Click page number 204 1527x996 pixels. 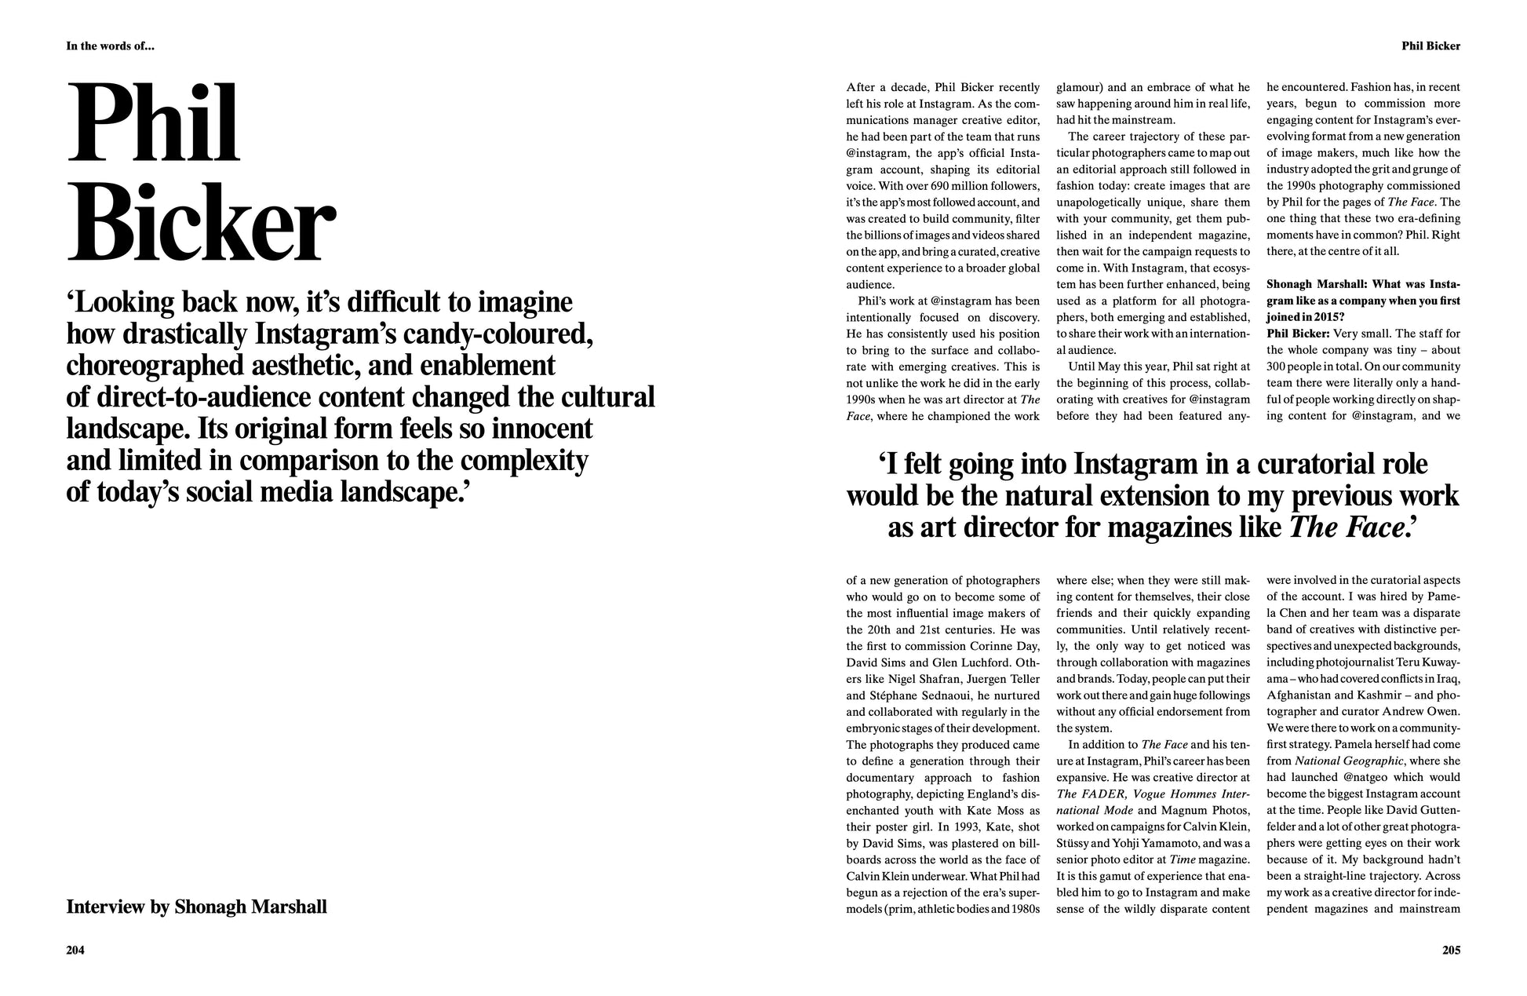coord(75,950)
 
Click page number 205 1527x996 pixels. coord(1451,950)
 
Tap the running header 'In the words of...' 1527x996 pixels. coord(110,46)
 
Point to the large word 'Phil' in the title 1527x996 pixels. coord(154,123)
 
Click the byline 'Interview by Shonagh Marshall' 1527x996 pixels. coord(196,907)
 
